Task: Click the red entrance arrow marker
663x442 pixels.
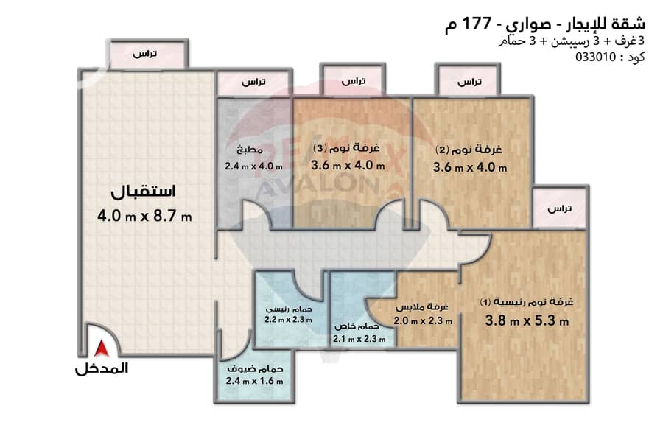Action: coord(102,348)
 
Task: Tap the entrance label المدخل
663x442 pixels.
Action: coord(102,369)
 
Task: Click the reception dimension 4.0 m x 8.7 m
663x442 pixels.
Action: coord(144,216)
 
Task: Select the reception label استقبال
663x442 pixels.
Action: coord(144,192)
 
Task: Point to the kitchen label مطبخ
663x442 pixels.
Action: coord(250,150)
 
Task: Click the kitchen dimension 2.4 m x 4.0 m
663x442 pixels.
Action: coord(253,166)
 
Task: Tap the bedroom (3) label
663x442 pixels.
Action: coord(346,148)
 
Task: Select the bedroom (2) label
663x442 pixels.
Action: coord(469,150)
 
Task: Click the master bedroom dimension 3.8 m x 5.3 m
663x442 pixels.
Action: coord(527,320)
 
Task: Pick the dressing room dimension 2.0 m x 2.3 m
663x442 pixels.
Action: coord(423,321)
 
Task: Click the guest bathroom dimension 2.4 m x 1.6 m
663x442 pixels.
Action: coord(255,381)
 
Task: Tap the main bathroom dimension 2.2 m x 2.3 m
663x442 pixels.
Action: coord(288,320)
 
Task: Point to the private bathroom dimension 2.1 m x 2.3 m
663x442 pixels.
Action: coord(359,339)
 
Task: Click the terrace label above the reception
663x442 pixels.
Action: coord(144,54)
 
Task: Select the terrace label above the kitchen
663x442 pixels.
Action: coord(253,82)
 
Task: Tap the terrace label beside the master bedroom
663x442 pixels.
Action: coord(559,208)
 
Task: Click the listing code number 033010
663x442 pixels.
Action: coord(596,57)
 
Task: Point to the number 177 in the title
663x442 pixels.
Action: coord(477,23)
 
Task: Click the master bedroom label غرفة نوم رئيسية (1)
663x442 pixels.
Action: coord(527,301)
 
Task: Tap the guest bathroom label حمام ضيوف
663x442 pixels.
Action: coord(255,369)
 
